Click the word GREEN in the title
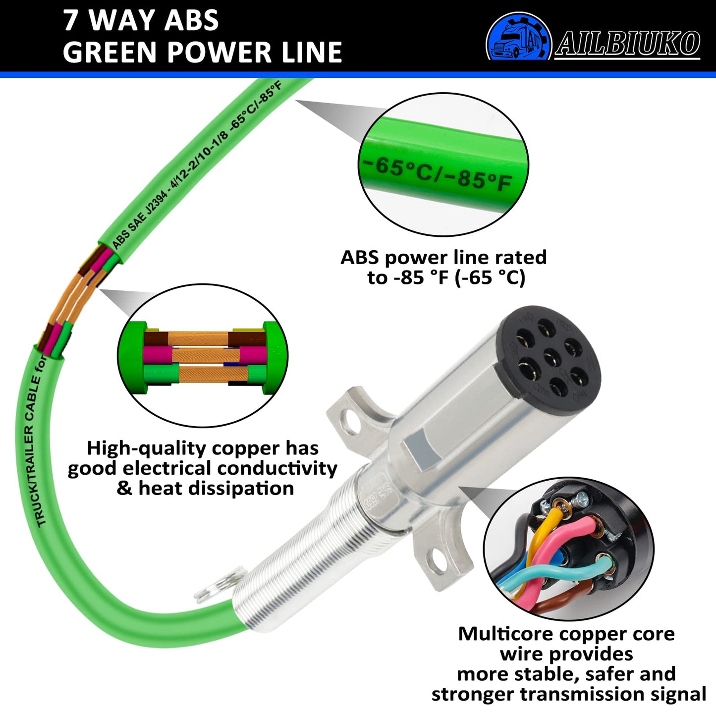pyautogui.click(x=111, y=52)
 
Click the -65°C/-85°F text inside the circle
pyautogui.click(x=436, y=173)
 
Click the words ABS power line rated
pyautogui.click(x=443, y=257)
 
